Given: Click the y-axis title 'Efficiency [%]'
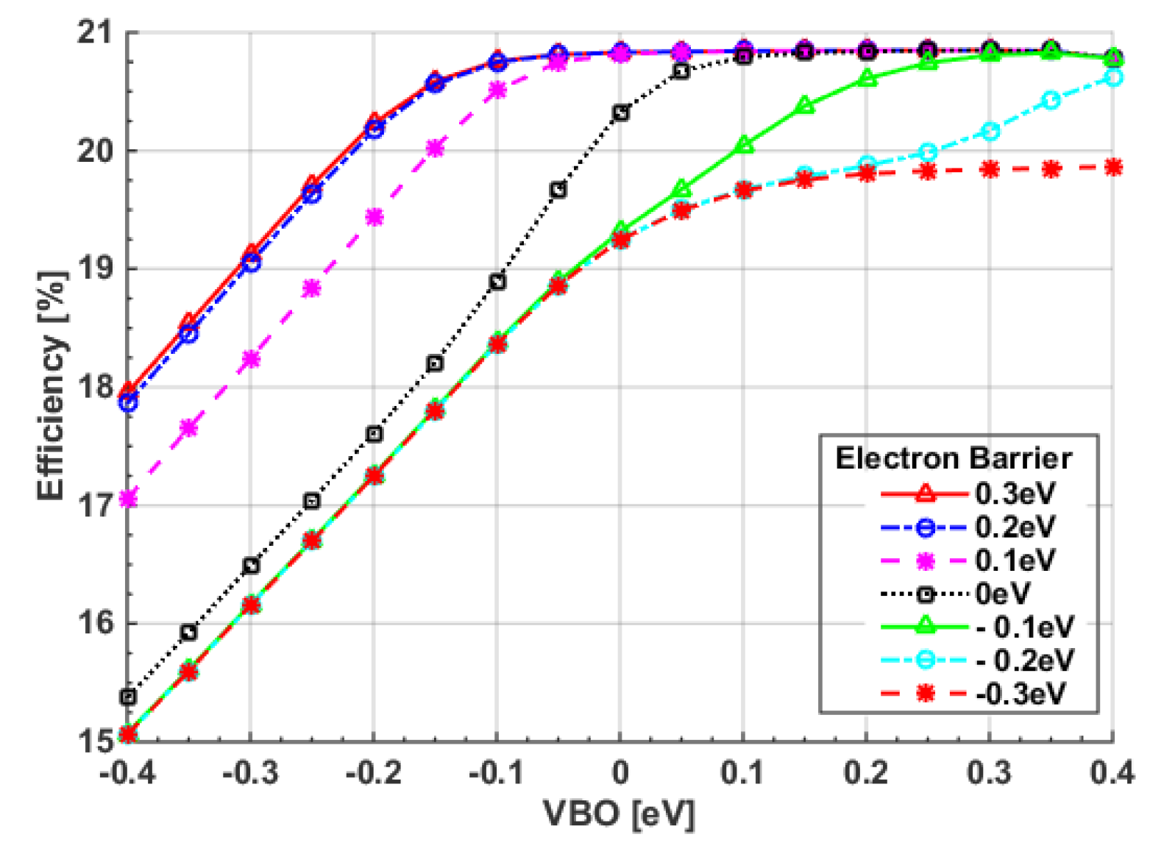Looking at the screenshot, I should (52, 387).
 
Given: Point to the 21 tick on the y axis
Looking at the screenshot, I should (95, 33).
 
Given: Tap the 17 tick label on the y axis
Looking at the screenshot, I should (95, 505).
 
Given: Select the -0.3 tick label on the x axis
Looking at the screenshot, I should (250, 773).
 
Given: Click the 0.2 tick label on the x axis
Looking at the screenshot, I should (867, 773).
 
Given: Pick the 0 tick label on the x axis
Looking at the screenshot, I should (620, 773).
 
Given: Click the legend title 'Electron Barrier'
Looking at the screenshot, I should (954, 458).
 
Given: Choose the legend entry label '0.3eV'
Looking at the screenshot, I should (1015, 494).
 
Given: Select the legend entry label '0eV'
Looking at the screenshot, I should (1003, 593).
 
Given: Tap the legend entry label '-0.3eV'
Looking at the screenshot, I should (1021, 693).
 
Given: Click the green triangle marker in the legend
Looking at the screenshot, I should (925, 626).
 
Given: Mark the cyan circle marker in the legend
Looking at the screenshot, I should (925, 660).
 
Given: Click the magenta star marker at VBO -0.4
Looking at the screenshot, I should (129, 499).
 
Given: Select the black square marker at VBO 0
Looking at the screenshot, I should (621, 113).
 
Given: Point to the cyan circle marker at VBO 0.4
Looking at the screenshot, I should (1113, 78).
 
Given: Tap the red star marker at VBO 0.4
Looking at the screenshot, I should (1113, 168).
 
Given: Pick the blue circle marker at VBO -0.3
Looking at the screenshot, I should (251, 263).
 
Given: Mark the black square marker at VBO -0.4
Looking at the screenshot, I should (129, 697).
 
